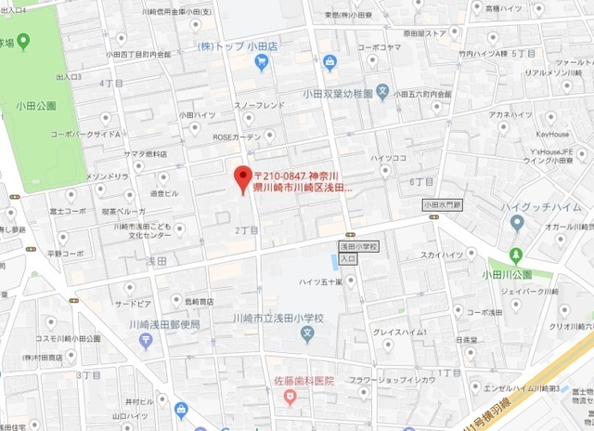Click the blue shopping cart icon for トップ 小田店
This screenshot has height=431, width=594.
262,64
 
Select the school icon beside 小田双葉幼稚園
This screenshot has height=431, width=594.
382,94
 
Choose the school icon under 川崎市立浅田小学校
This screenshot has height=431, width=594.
306,333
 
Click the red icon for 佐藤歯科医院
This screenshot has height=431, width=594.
291,398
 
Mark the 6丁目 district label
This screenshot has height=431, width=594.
420,181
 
